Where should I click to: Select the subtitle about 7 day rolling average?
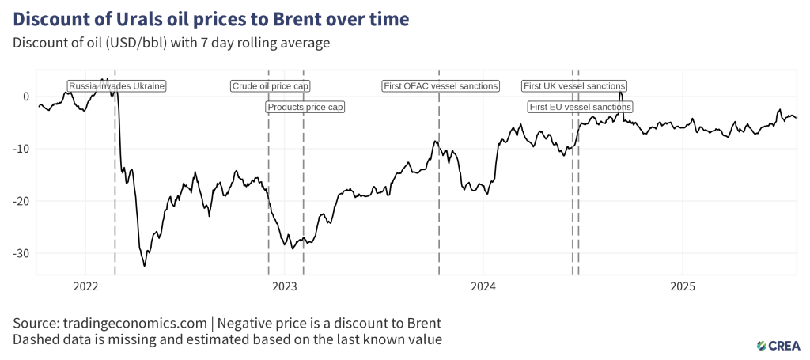(171, 43)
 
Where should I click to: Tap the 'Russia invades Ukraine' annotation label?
(117, 86)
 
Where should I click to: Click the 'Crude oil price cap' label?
(271, 86)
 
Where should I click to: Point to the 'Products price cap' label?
(305, 107)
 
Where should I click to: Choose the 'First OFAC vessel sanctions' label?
(441, 86)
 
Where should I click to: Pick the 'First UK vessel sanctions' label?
(575, 86)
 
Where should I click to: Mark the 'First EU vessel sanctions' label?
(581, 107)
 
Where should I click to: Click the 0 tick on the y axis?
(26, 97)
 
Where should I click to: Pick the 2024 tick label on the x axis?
(483, 286)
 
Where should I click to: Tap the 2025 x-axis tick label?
(682, 286)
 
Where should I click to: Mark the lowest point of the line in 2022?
(144, 266)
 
